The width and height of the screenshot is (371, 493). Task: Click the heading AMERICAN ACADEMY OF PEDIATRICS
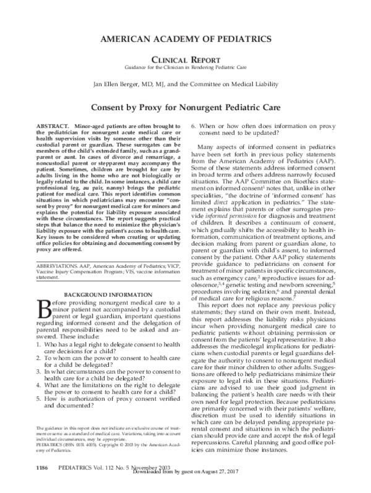tap(185, 39)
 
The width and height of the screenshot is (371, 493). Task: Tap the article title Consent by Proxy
tap(185, 106)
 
